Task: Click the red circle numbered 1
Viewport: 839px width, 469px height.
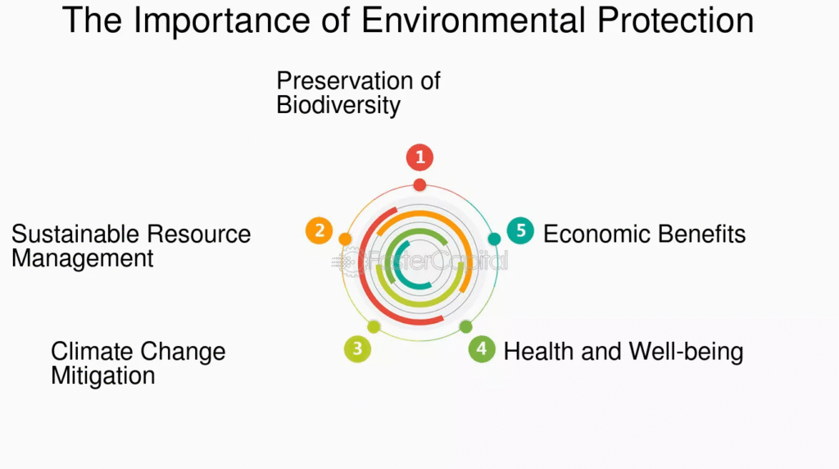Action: [420, 157]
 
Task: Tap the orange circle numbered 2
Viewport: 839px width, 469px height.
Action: [320, 230]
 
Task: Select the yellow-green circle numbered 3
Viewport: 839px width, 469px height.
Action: [357, 349]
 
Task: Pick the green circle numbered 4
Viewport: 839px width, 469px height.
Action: [482, 349]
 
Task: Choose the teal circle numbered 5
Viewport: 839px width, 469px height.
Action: [520, 230]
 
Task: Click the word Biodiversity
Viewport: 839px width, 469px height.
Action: [338, 105]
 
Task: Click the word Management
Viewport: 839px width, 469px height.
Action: [83, 258]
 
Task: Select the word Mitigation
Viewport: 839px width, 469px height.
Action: [102, 376]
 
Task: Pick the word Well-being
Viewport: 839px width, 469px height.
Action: [686, 353]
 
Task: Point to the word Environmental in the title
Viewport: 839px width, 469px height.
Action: [473, 20]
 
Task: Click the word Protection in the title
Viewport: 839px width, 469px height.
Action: [675, 20]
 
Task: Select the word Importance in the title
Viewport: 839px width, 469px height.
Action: [221, 20]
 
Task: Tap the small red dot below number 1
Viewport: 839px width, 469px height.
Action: [420, 185]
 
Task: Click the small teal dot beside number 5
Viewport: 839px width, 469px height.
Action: [494, 239]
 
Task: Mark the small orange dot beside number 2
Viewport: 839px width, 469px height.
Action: [345, 239]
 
